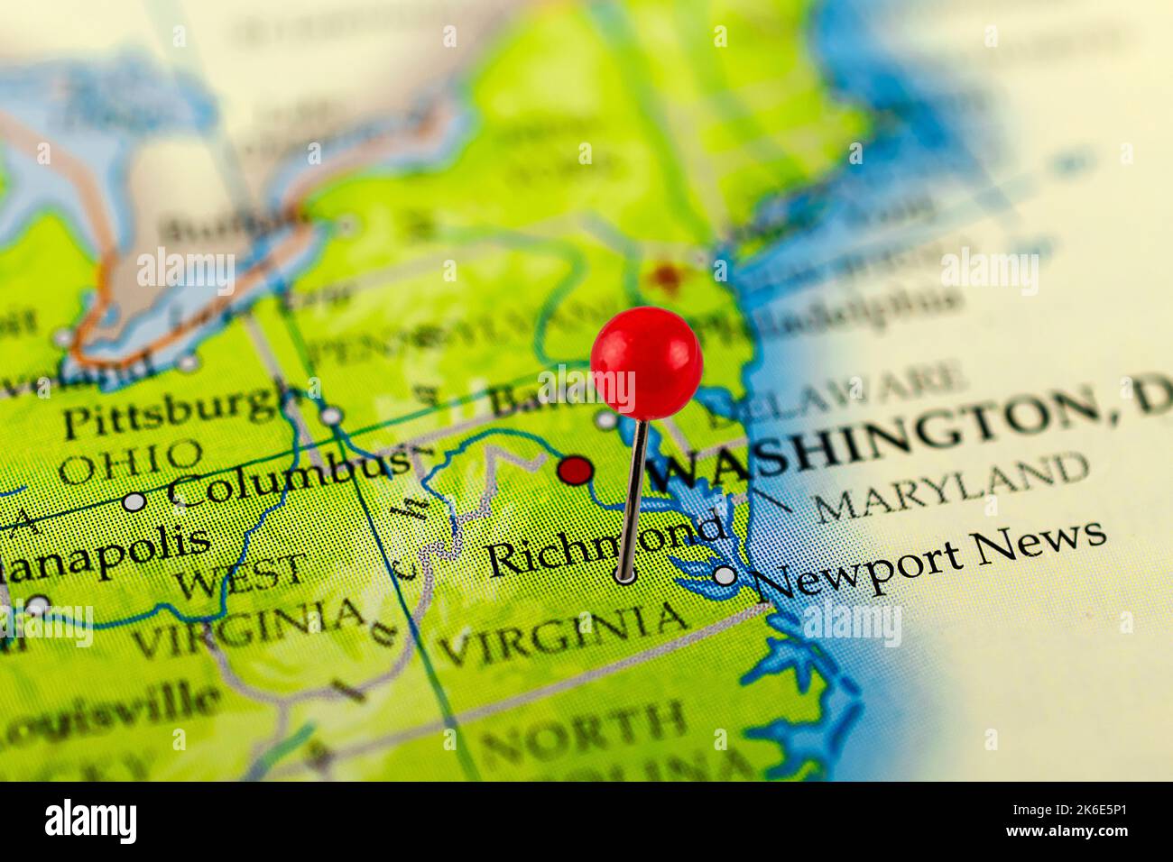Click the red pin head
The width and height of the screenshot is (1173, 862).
[x=646, y=361]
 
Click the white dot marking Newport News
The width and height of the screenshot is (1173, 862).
[x=725, y=574]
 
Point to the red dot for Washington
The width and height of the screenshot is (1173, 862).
[x=575, y=470]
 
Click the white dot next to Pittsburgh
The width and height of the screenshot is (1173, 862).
[x=332, y=416]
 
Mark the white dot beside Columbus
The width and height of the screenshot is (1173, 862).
[x=134, y=501]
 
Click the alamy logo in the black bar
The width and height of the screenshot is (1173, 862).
[x=91, y=821]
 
